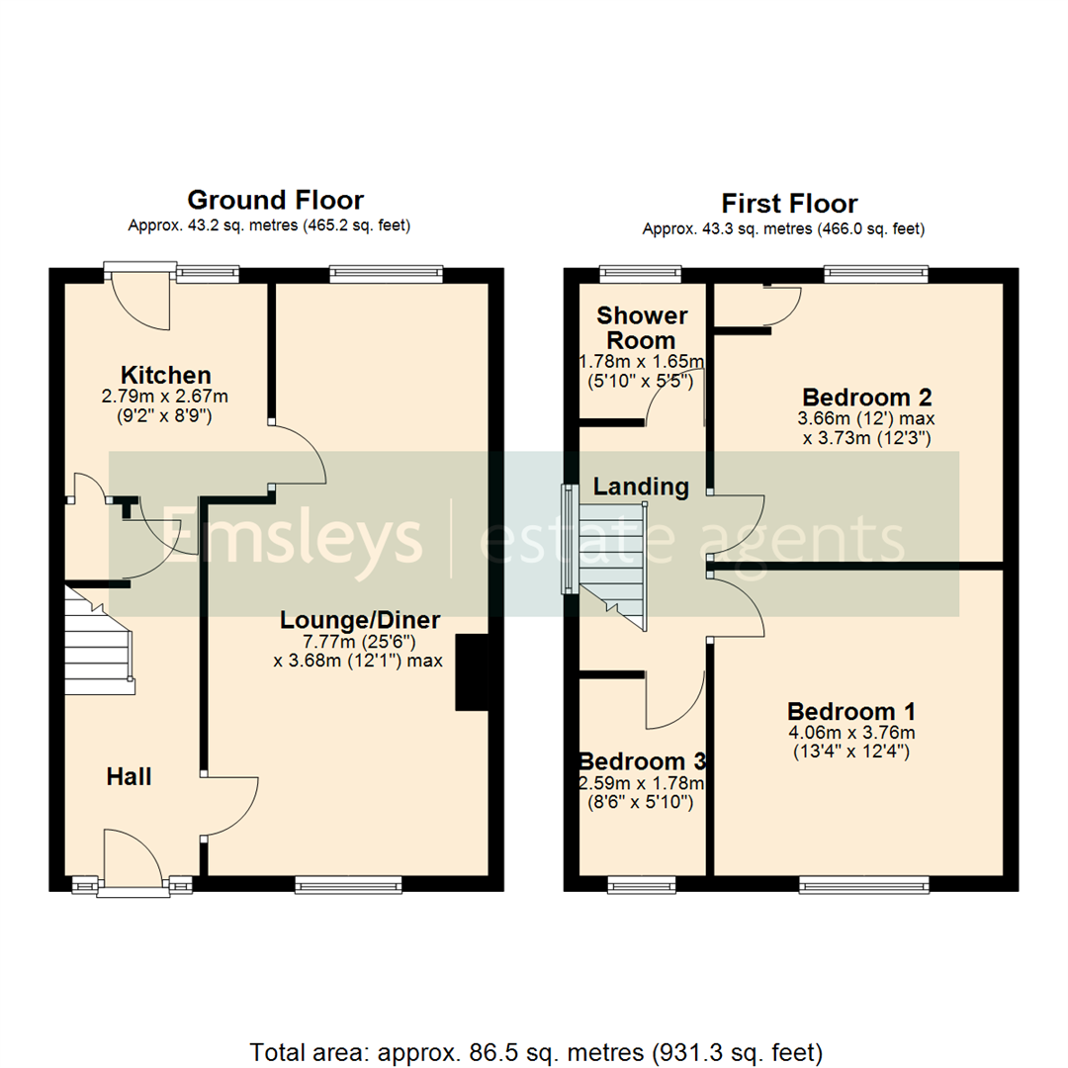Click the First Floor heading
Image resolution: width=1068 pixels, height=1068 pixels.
pyautogui.click(x=788, y=204)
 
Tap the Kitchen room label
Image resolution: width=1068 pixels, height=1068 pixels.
pyautogui.click(x=166, y=376)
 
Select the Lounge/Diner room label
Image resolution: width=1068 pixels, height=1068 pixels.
pyautogui.click(x=360, y=620)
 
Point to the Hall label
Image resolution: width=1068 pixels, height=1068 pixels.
pyautogui.click(x=130, y=777)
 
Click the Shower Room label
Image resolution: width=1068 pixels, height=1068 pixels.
pyautogui.click(x=642, y=327)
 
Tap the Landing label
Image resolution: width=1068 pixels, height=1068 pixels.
pyautogui.click(x=641, y=487)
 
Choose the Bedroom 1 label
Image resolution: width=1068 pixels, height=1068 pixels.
pyautogui.click(x=850, y=711)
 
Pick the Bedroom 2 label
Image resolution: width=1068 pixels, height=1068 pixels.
pyautogui.click(x=867, y=398)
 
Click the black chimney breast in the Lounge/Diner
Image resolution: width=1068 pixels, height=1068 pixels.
pyautogui.click(x=472, y=672)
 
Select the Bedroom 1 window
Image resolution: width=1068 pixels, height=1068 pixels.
pyautogui.click(x=864, y=883)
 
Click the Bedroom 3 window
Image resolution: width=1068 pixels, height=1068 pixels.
pyautogui.click(x=642, y=883)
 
